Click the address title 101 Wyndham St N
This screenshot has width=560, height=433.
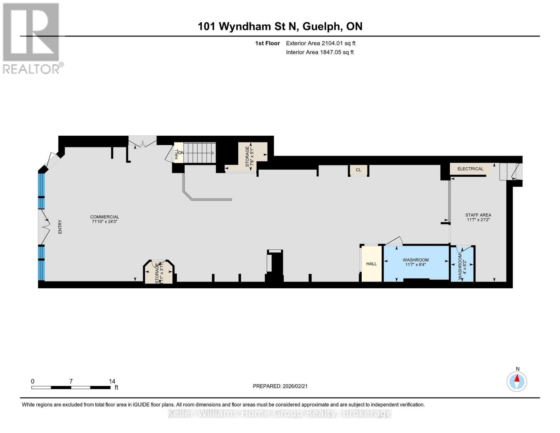pos(280,26)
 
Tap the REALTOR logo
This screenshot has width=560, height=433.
pos(32,38)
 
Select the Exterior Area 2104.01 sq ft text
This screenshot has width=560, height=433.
pos(321,43)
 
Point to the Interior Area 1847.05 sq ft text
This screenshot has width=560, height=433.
pos(319,52)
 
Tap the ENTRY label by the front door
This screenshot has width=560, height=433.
pos(60,227)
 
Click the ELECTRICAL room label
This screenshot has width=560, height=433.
pos(470,169)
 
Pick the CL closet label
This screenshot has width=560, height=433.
pos(358,170)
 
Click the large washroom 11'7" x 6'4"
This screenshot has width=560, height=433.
pos(415,262)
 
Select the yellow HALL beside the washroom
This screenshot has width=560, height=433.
pos(371,264)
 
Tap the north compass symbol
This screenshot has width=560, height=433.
pos(517,381)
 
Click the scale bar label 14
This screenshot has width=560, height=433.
pos(112,381)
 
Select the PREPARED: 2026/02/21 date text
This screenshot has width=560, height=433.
pos(280,386)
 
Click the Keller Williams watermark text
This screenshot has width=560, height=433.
pos(280,413)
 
